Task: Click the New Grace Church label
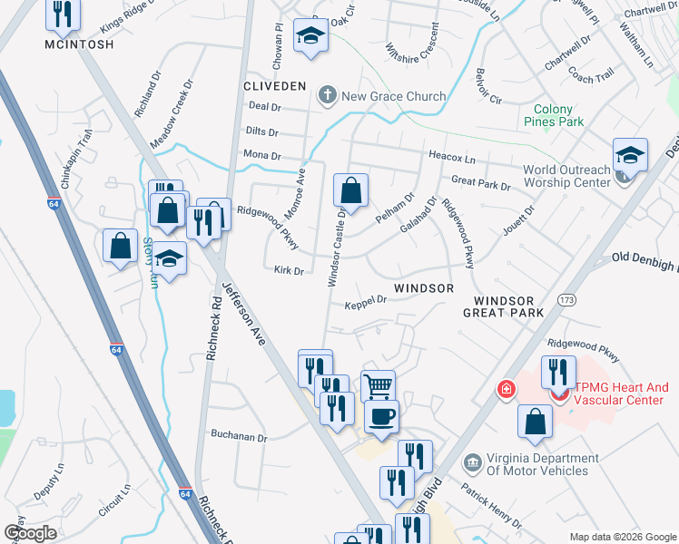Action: point(393,96)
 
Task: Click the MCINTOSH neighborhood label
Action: point(80,44)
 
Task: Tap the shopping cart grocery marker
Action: point(379,385)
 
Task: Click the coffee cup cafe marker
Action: point(381,416)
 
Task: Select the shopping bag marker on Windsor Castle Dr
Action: point(350,190)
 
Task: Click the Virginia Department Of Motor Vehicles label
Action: point(537,464)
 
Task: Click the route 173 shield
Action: point(567,298)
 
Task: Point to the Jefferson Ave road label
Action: point(254,318)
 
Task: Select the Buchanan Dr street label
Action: point(238,437)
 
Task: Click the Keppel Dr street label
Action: point(366,302)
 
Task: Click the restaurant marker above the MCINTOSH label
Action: point(63,13)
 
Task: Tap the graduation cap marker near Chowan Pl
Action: point(310,36)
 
